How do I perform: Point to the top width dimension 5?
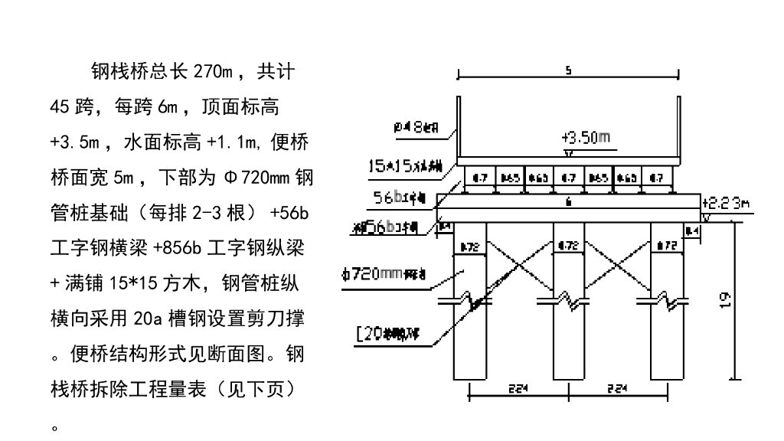567,71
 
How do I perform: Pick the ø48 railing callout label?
417,129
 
